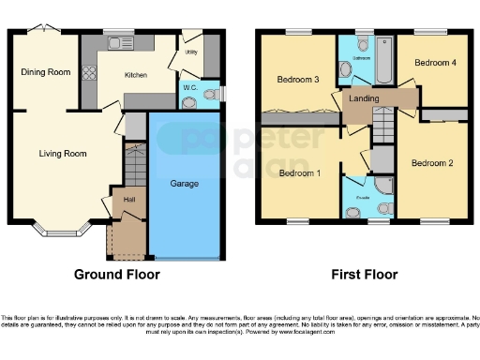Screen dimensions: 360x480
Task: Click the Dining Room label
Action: (45, 72)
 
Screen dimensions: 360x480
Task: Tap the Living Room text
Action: (63, 153)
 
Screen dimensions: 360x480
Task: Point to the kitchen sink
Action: (120, 42)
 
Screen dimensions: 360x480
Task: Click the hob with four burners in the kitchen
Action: (90, 71)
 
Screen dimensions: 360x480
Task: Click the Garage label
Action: (184, 184)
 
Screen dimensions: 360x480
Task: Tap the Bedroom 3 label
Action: (296, 80)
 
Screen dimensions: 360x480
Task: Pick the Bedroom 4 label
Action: (436, 63)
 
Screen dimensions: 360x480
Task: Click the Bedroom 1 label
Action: (301, 173)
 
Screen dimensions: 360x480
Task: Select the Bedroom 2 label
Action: (432, 163)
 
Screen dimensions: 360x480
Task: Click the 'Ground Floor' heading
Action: (117, 275)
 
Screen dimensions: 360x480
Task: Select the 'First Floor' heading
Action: (364, 275)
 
